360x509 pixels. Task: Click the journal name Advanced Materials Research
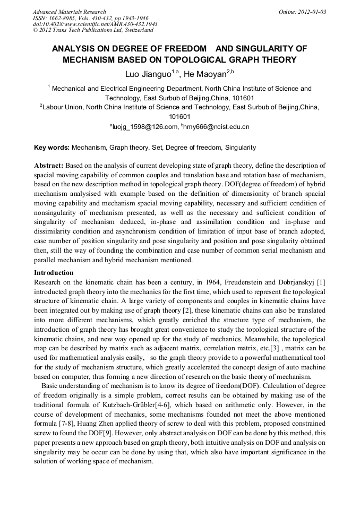coord(69,12)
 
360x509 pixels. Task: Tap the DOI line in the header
coord(95,24)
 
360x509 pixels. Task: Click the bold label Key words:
coord(52,148)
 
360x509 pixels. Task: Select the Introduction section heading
coord(54,273)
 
